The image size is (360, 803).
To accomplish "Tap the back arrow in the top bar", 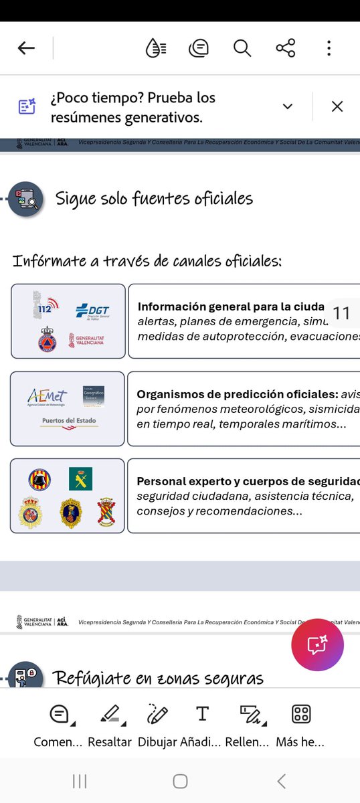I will tap(26, 48).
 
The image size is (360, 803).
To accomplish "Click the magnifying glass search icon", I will tap(242, 48).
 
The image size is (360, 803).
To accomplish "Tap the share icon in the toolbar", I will tap(286, 48).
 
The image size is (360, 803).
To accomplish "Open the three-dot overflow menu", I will tap(329, 48).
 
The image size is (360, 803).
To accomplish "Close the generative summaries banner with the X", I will tap(337, 106).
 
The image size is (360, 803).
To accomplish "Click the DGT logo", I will tap(92, 311).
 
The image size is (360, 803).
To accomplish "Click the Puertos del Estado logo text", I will tap(69, 421).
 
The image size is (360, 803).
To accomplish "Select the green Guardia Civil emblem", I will tap(80, 478).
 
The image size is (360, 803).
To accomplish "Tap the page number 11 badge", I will tap(341, 313).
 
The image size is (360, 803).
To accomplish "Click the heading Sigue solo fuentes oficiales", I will tap(154, 199).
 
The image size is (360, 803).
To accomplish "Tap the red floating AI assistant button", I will tap(317, 645).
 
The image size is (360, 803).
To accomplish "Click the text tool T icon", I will tap(202, 714).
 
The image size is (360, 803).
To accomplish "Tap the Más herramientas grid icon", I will tap(301, 714).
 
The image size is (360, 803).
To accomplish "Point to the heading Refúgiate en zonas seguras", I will tap(157, 679).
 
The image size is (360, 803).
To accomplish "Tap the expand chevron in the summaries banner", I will tap(288, 106).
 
